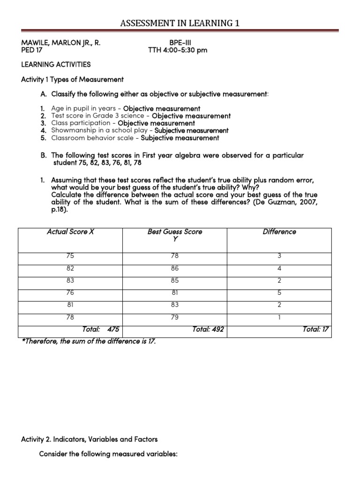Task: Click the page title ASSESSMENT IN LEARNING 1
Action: click(x=180, y=23)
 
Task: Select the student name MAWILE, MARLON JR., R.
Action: click(x=61, y=43)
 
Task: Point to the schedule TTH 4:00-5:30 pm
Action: click(x=178, y=51)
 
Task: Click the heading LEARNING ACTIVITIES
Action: click(x=56, y=64)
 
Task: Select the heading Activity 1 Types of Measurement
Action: click(x=72, y=79)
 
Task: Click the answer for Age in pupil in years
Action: click(x=162, y=109)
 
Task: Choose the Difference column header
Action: click(x=279, y=232)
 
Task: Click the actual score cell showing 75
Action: click(x=70, y=256)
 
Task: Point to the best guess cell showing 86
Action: click(x=175, y=269)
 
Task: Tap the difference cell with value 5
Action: click(x=279, y=292)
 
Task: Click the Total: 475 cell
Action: click(x=100, y=330)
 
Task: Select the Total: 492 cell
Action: click(x=208, y=330)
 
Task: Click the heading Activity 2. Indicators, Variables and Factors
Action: click(x=90, y=439)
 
